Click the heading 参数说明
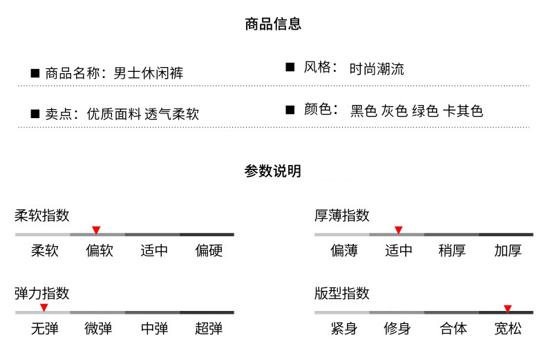tap(273, 171)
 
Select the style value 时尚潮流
tap(377, 69)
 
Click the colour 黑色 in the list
tap(364, 111)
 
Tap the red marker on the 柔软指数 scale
tap(96, 229)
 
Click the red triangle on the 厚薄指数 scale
tap(398, 229)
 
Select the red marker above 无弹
tap(44, 307)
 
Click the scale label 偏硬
tap(209, 251)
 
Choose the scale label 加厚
tap(508, 251)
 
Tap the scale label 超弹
tap(209, 329)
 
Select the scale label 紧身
tap(343, 329)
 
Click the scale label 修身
tap(397, 329)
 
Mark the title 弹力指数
tap(42, 293)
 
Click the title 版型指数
tap(342, 293)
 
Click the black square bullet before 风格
tap(290, 67)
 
